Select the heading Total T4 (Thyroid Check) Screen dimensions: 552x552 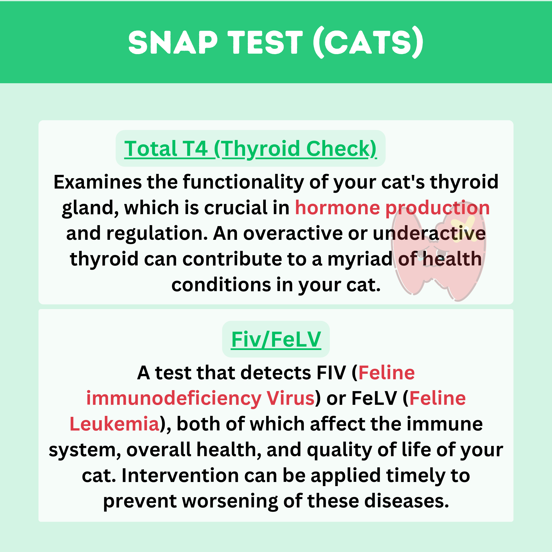pos(250,149)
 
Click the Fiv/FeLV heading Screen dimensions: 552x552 pos(276,339)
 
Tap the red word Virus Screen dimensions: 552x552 pos(291,398)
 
